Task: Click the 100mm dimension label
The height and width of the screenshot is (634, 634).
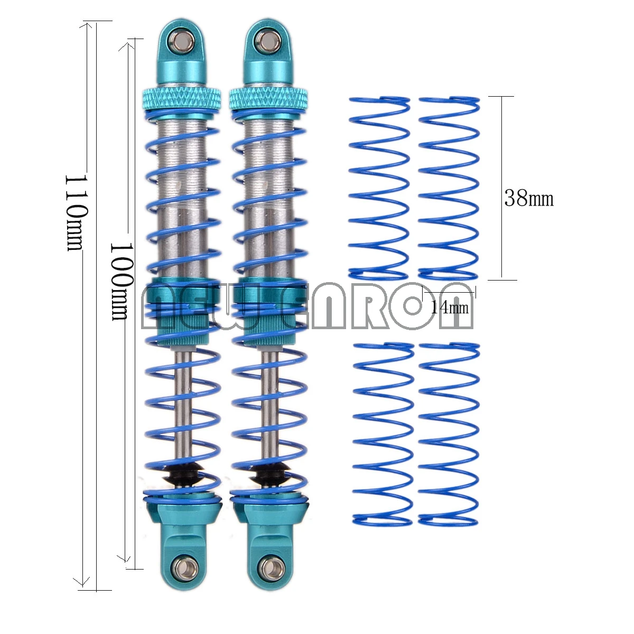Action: (119, 281)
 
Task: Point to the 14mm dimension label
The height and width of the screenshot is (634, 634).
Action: (449, 307)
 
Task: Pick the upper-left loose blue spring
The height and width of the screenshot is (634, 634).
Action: (379, 188)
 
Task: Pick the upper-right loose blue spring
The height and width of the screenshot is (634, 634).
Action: (449, 188)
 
